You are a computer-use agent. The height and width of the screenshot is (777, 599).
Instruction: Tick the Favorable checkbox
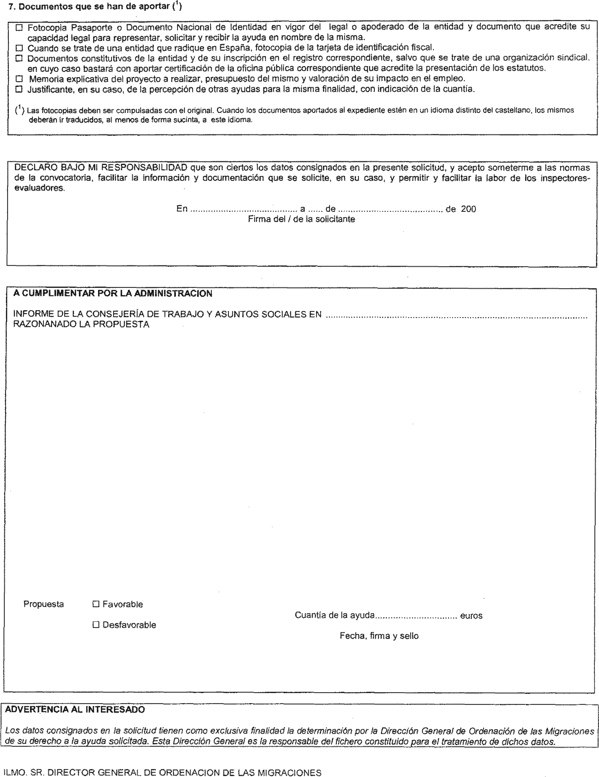96,604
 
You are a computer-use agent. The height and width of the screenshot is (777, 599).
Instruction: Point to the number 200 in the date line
468,209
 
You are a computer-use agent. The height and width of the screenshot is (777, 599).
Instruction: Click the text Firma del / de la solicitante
301,219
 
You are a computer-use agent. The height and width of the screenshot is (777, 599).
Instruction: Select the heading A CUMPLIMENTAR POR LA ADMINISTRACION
113,294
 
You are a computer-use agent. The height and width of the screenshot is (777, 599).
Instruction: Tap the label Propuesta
43,604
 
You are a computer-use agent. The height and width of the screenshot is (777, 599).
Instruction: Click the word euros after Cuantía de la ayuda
471,615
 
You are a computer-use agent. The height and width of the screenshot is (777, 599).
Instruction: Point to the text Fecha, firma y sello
379,636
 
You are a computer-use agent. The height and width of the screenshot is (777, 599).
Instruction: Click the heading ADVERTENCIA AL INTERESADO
75,709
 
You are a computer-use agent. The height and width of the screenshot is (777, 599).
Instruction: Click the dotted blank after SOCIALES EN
456,315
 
